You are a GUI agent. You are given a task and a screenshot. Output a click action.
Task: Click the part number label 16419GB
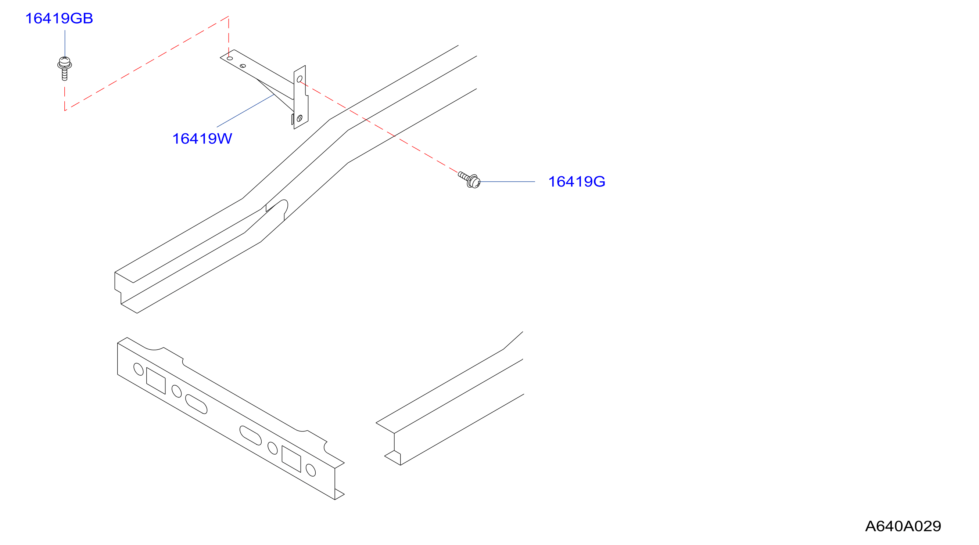pos(59,19)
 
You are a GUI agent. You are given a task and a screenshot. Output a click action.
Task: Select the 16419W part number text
pos(202,138)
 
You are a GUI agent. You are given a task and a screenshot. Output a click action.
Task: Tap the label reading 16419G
pos(577,181)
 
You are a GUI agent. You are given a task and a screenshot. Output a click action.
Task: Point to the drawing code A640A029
pos(903,526)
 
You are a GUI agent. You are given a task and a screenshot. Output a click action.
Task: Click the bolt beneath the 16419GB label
pos(65,69)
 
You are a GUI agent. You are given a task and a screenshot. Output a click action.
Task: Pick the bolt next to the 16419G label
pos(470,180)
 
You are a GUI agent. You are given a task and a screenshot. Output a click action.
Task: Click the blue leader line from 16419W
pos(245,111)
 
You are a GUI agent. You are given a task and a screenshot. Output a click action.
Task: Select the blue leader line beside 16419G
pos(508,181)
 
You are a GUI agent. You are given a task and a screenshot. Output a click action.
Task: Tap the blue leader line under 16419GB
pos(65,44)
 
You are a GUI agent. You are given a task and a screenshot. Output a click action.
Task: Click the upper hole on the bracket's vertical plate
pos(300,79)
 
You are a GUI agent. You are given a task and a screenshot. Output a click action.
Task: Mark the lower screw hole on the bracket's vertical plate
pos(300,119)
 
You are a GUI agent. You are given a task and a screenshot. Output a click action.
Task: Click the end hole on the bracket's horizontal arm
pos(230,58)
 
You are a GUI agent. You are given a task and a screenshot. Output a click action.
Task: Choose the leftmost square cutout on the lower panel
pos(156,380)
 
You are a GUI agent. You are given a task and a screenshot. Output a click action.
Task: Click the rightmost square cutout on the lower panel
pos(291,459)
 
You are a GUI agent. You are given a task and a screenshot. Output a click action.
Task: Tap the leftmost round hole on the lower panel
pos(139,369)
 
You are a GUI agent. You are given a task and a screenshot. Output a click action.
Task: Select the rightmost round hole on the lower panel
pos(311,470)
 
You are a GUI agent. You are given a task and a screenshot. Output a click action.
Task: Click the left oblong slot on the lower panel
pos(196,404)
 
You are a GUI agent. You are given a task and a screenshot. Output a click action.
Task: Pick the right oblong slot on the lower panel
pos(251,435)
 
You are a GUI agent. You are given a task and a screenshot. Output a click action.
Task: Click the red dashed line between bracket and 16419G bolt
pos(379,127)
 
